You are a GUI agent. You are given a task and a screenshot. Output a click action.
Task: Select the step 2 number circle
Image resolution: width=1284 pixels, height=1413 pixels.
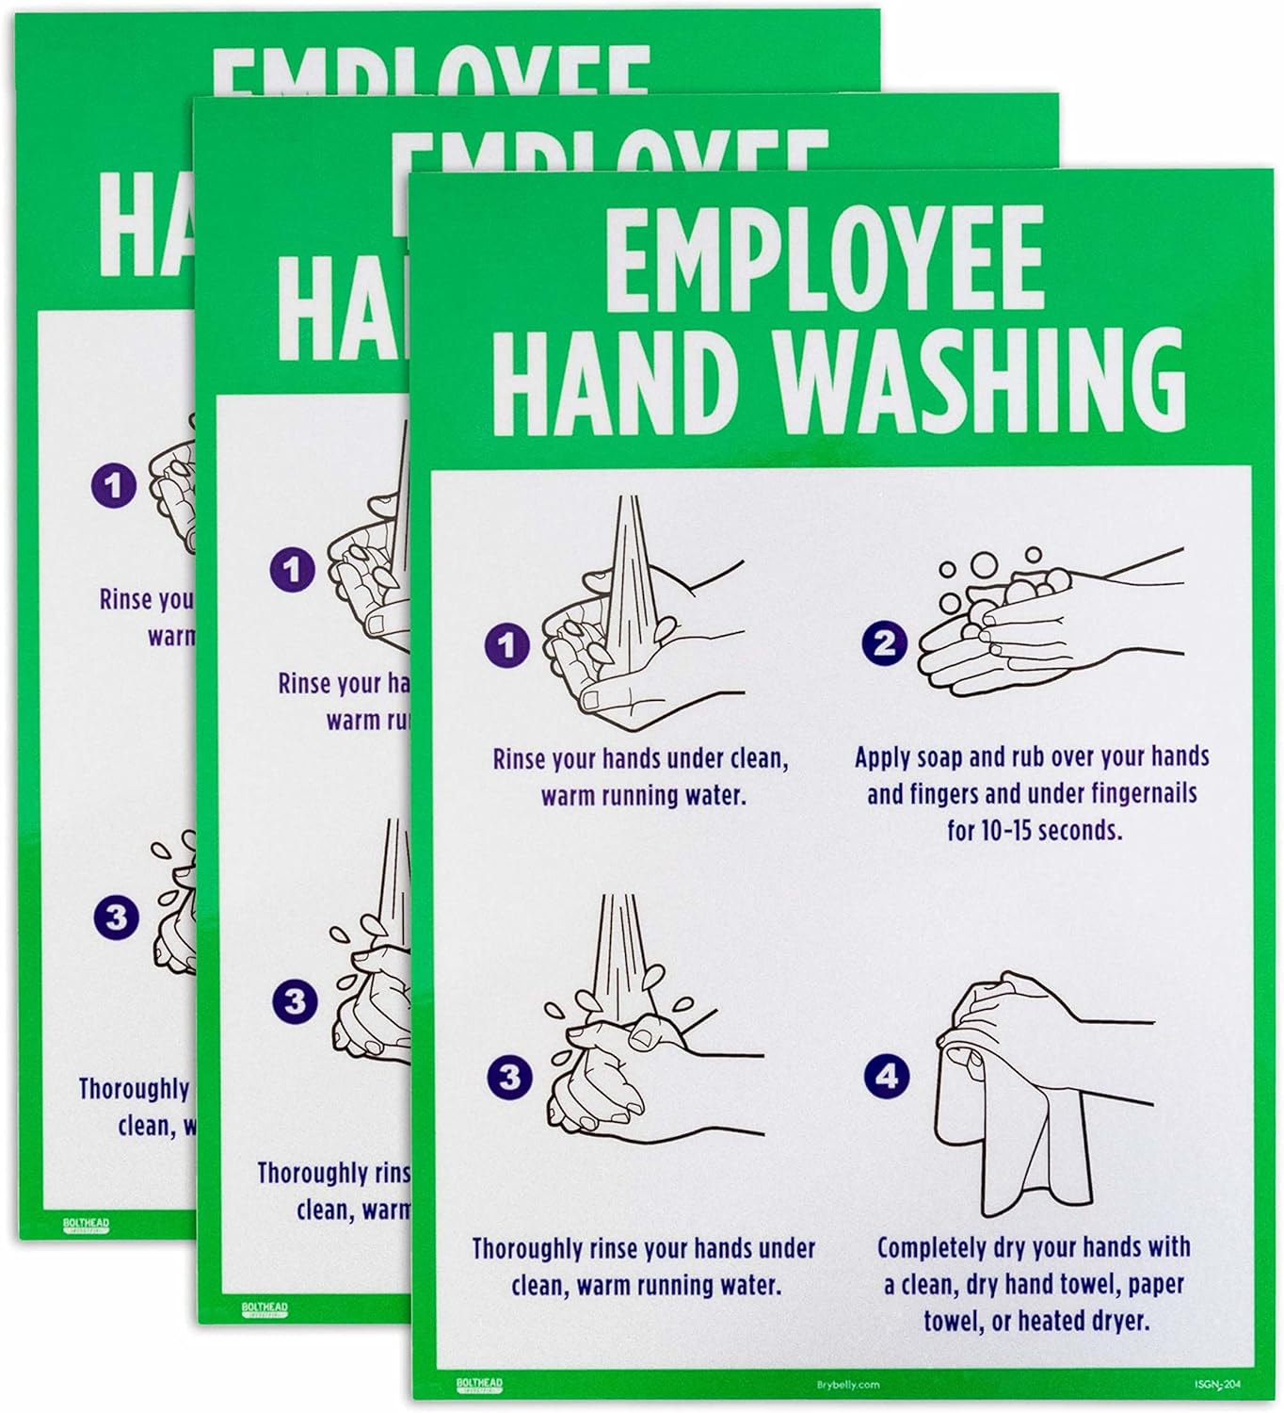click(885, 643)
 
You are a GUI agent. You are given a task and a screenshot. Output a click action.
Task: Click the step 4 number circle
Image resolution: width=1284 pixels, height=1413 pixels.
click(886, 1076)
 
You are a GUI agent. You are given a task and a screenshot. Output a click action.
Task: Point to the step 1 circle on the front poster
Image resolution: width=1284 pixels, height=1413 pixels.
click(507, 645)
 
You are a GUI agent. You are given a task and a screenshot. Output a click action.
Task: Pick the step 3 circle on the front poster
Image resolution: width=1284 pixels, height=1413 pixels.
click(509, 1077)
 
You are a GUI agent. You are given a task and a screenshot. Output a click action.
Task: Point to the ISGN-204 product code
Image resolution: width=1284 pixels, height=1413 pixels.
click(1222, 1384)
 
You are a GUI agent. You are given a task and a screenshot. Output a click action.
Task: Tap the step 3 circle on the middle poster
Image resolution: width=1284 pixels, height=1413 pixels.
click(295, 1000)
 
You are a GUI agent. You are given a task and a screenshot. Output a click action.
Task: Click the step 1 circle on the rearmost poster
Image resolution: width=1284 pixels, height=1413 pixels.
click(114, 486)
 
